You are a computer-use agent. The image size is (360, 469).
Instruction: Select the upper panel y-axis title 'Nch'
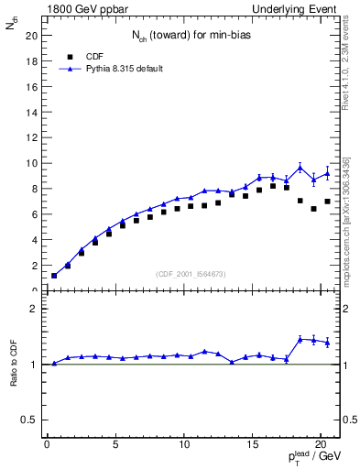click(12, 27)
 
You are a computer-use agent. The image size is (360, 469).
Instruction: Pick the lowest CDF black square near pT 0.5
click(54, 276)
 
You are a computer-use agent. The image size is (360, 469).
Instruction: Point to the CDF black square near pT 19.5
click(313, 209)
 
